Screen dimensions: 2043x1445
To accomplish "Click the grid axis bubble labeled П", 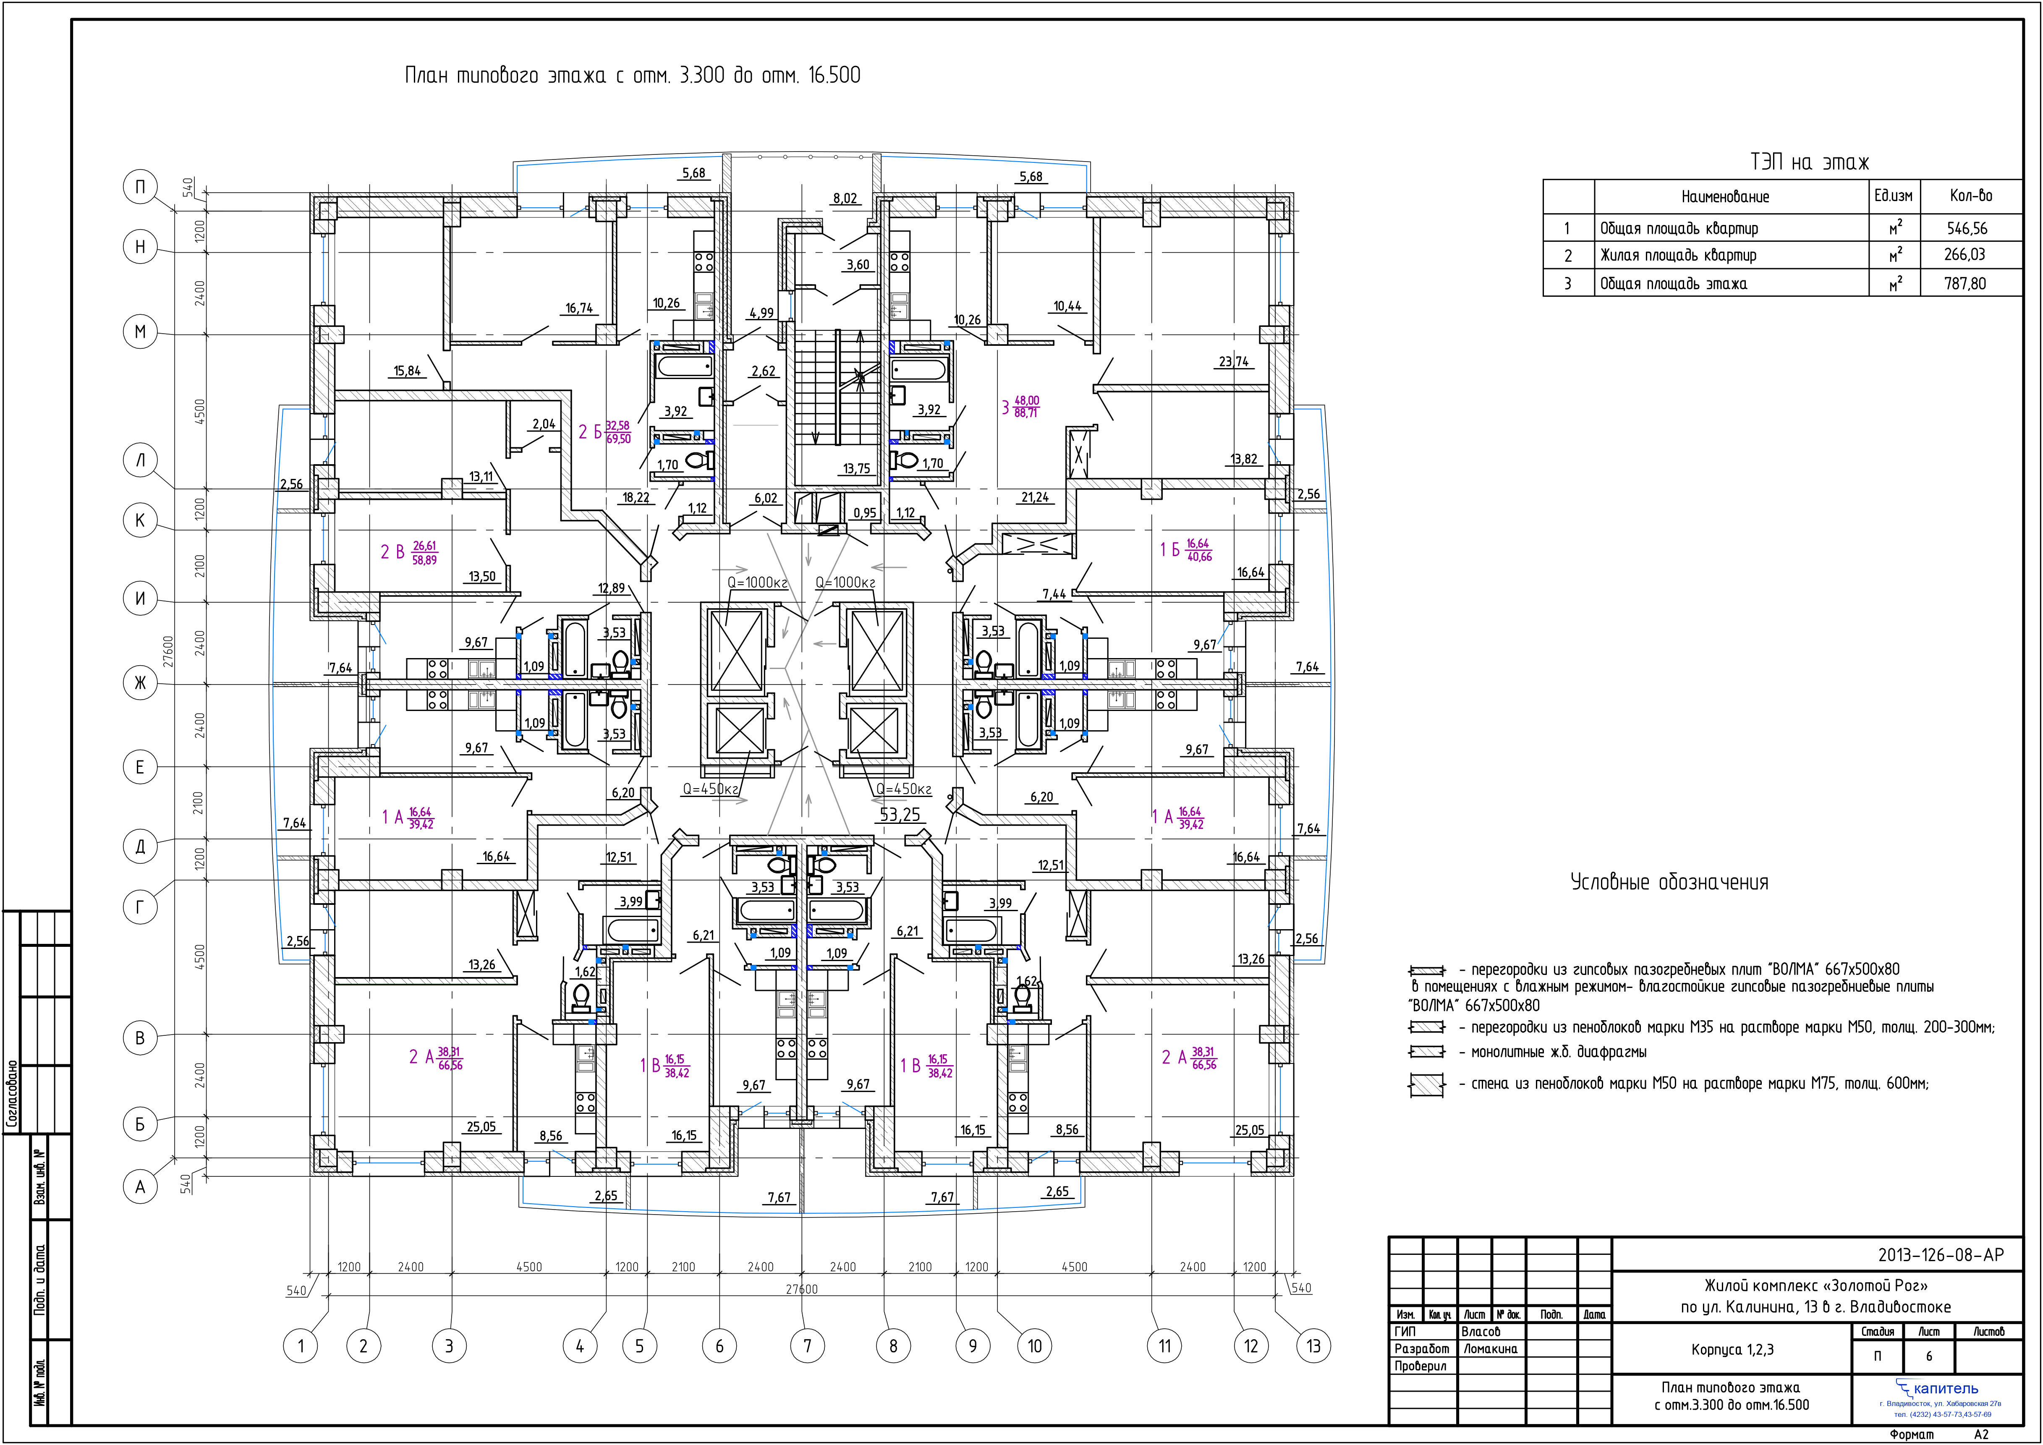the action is pos(140,187).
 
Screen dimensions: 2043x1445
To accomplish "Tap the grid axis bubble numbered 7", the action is pos(807,1346).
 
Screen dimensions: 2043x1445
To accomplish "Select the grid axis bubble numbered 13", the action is pos(1313,1346).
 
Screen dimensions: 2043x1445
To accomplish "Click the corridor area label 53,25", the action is pos(900,814).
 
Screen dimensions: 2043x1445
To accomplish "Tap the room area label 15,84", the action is pos(408,371).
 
